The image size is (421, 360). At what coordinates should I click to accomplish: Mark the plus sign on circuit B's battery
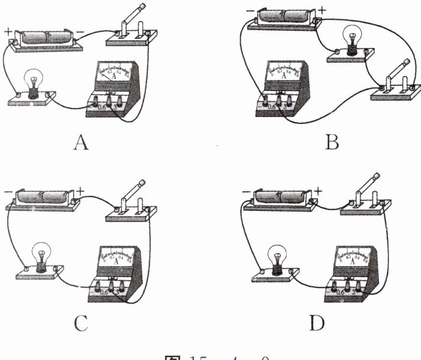(x=322, y=10)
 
